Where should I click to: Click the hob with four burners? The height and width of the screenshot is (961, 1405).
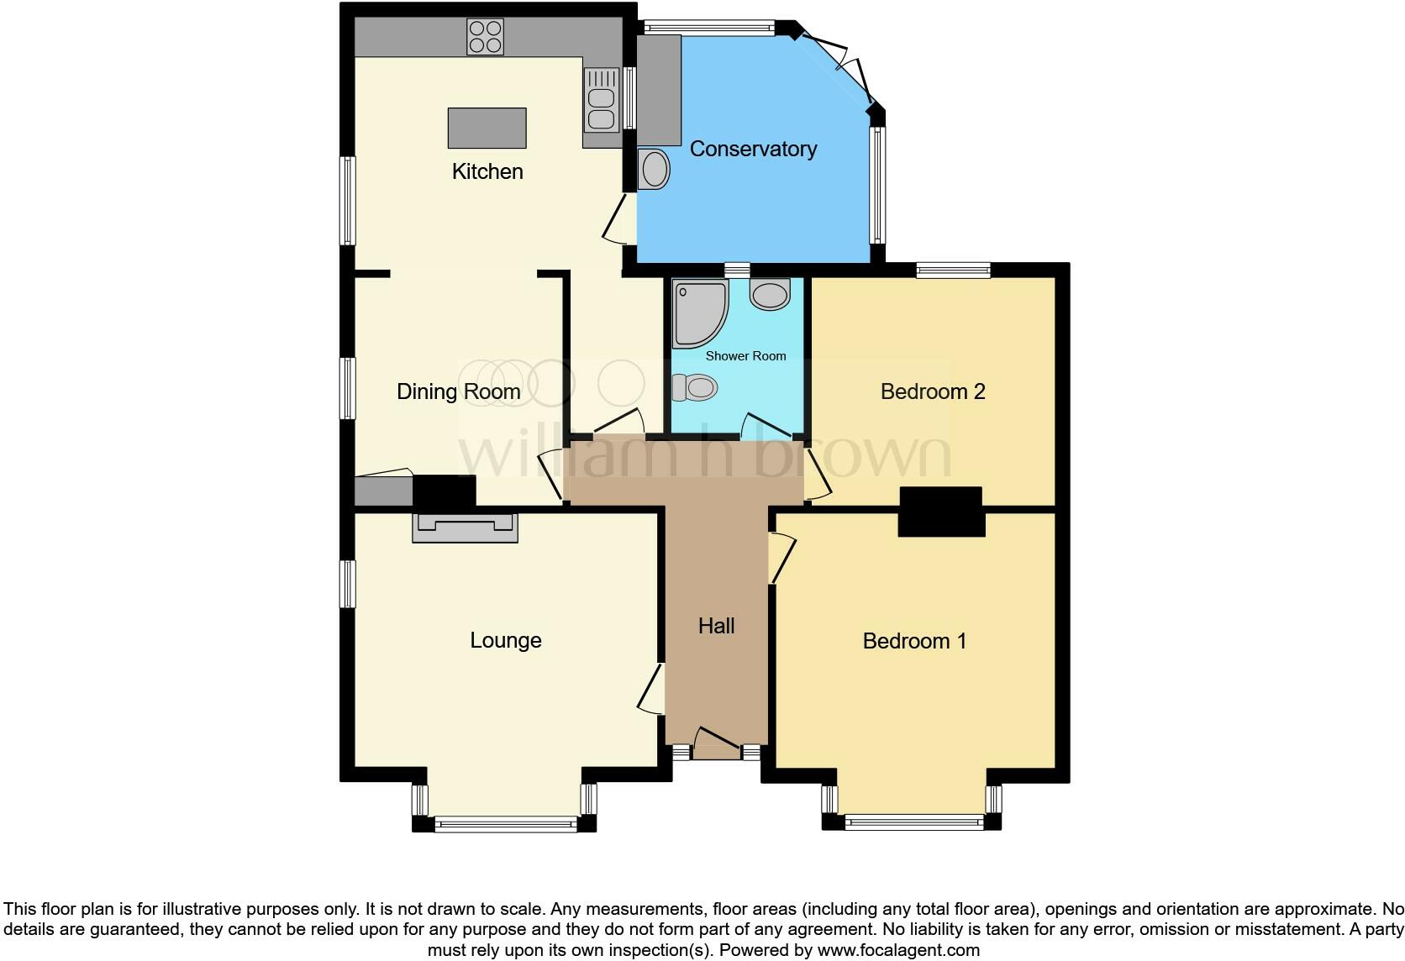(x=485, y=37)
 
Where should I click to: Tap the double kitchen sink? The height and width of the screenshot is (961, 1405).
(x=601, y=99)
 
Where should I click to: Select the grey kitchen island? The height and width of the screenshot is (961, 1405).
(x=487, y=128)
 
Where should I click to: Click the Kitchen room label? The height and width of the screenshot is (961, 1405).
(x=487, y=171)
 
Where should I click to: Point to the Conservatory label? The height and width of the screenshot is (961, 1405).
(x=753, y=149)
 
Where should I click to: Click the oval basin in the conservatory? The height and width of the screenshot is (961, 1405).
(x=654, y=171)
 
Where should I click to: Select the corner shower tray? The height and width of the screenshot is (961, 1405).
(x=698, y=313)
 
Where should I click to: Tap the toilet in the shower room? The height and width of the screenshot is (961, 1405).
(x=695, y=387)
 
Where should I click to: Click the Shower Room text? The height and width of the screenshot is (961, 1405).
(x=745, y=356)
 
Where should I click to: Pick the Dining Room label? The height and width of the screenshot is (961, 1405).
(x=458, y=391)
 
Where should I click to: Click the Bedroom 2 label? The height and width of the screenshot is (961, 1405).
(x=932, y=391)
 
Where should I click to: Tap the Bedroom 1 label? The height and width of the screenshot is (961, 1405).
(x=914, y=641)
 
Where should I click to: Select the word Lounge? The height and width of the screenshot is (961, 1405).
(x=505, y=640)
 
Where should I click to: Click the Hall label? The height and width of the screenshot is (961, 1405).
(x=716, y=626)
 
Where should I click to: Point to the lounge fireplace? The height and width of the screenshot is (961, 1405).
(x=465, y=527)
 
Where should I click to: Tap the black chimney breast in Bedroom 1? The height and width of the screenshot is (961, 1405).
(x=941, y=512)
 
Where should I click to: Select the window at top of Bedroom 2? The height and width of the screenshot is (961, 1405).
(x=953, y=270)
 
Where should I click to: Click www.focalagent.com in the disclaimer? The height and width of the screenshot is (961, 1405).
(x=897, y=950)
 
